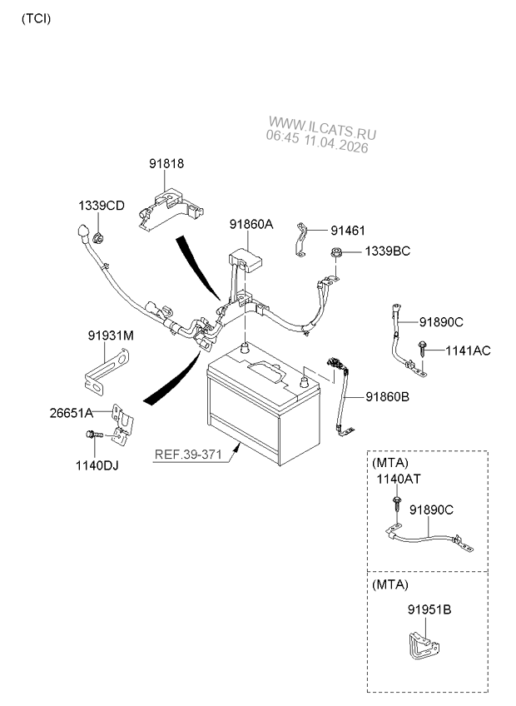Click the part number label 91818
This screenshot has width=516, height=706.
[166, 165]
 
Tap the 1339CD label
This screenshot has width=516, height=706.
[102, 206]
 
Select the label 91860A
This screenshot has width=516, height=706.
[251, 225]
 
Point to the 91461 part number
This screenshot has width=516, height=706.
[348, 231]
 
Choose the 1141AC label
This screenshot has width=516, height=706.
[468, 351]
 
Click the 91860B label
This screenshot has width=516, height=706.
[387, 397]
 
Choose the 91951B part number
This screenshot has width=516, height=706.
[429, 609]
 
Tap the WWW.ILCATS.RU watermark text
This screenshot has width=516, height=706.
[323, 132]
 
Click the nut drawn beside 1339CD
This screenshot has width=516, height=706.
[98, 238]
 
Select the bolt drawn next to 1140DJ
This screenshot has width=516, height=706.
[93, 435]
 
